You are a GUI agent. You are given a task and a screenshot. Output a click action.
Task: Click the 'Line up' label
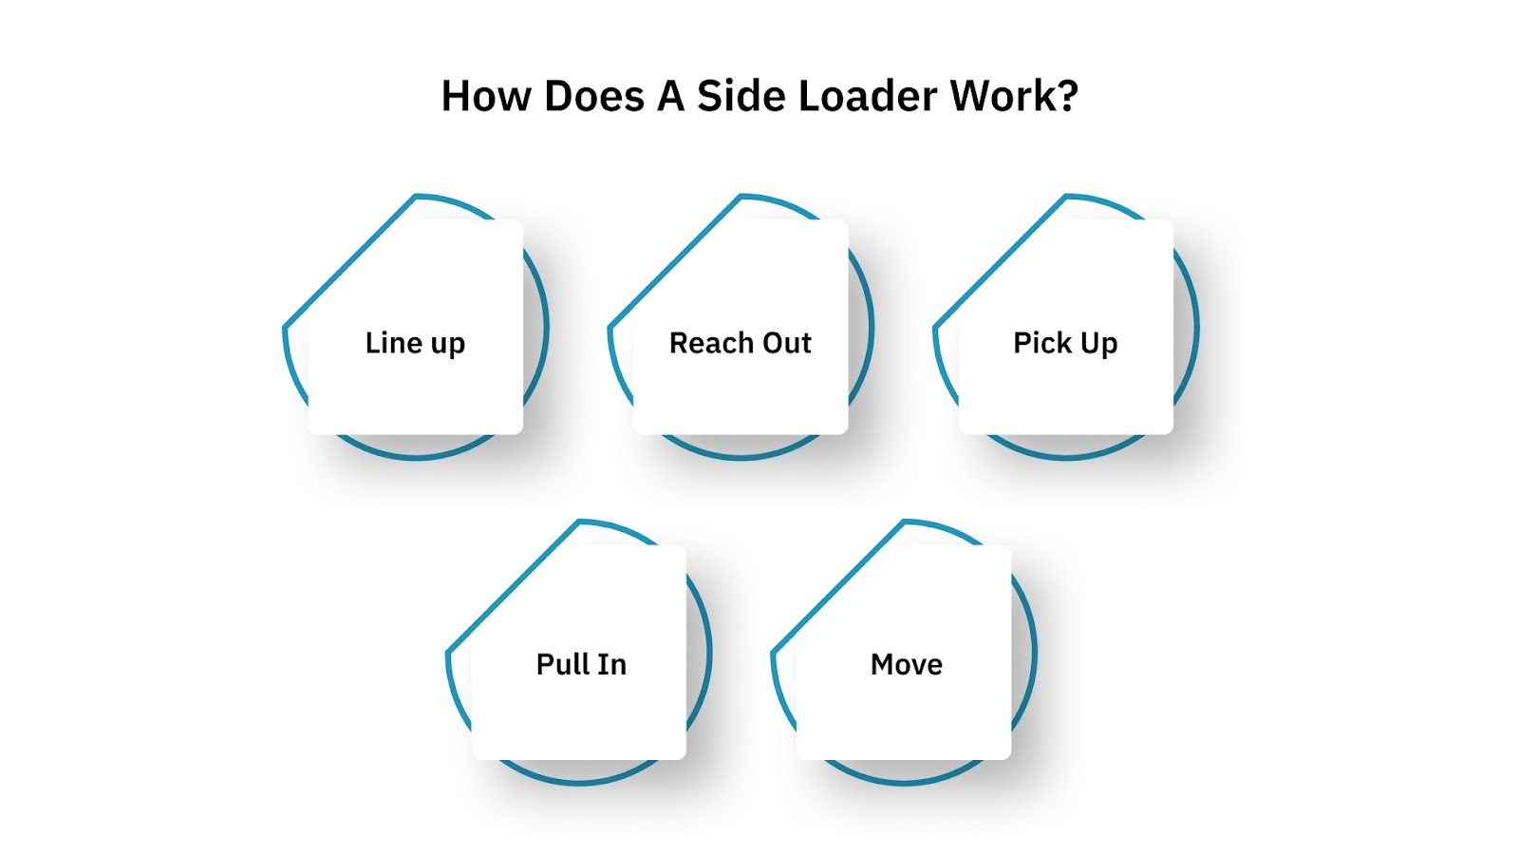(x=415, y=343)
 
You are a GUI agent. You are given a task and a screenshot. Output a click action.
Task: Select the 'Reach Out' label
(x=741, y=343)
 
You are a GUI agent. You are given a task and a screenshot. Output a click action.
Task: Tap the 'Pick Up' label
(x=1065, y=343)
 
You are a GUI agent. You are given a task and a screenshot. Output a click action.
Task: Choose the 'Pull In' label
(x=581, y=664)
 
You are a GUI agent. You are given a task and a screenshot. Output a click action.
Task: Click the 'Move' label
(x=907, y=664)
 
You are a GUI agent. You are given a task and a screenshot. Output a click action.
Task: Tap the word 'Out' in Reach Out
(x=788, y=343)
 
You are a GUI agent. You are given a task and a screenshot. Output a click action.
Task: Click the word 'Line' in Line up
(x=394, y=343)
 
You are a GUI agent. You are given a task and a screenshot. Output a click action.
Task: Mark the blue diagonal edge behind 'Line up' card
(x=349, y=262)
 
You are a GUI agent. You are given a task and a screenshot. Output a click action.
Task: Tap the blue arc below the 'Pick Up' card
(x=1065, y=458)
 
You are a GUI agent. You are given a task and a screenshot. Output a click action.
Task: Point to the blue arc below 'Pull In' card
(x=579, y=783)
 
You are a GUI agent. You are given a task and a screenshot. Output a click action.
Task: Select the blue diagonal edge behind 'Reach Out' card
(x=674, y=262)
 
